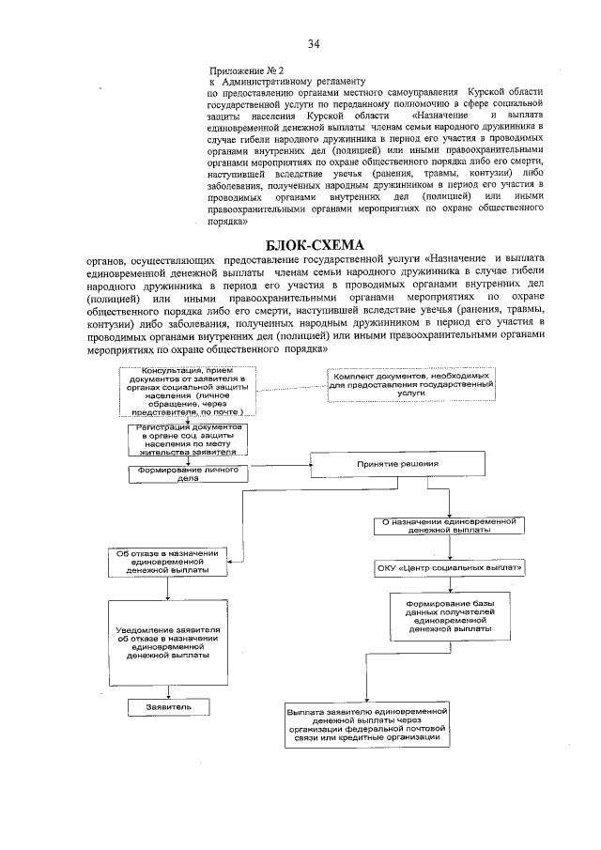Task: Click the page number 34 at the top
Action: (x=314, y=43)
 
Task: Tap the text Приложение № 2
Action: (x=245, y=70)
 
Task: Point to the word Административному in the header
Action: (x=263, y=82)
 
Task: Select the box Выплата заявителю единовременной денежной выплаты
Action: (x=366, y=725)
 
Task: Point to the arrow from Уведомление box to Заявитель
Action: (x=168, y=688)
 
